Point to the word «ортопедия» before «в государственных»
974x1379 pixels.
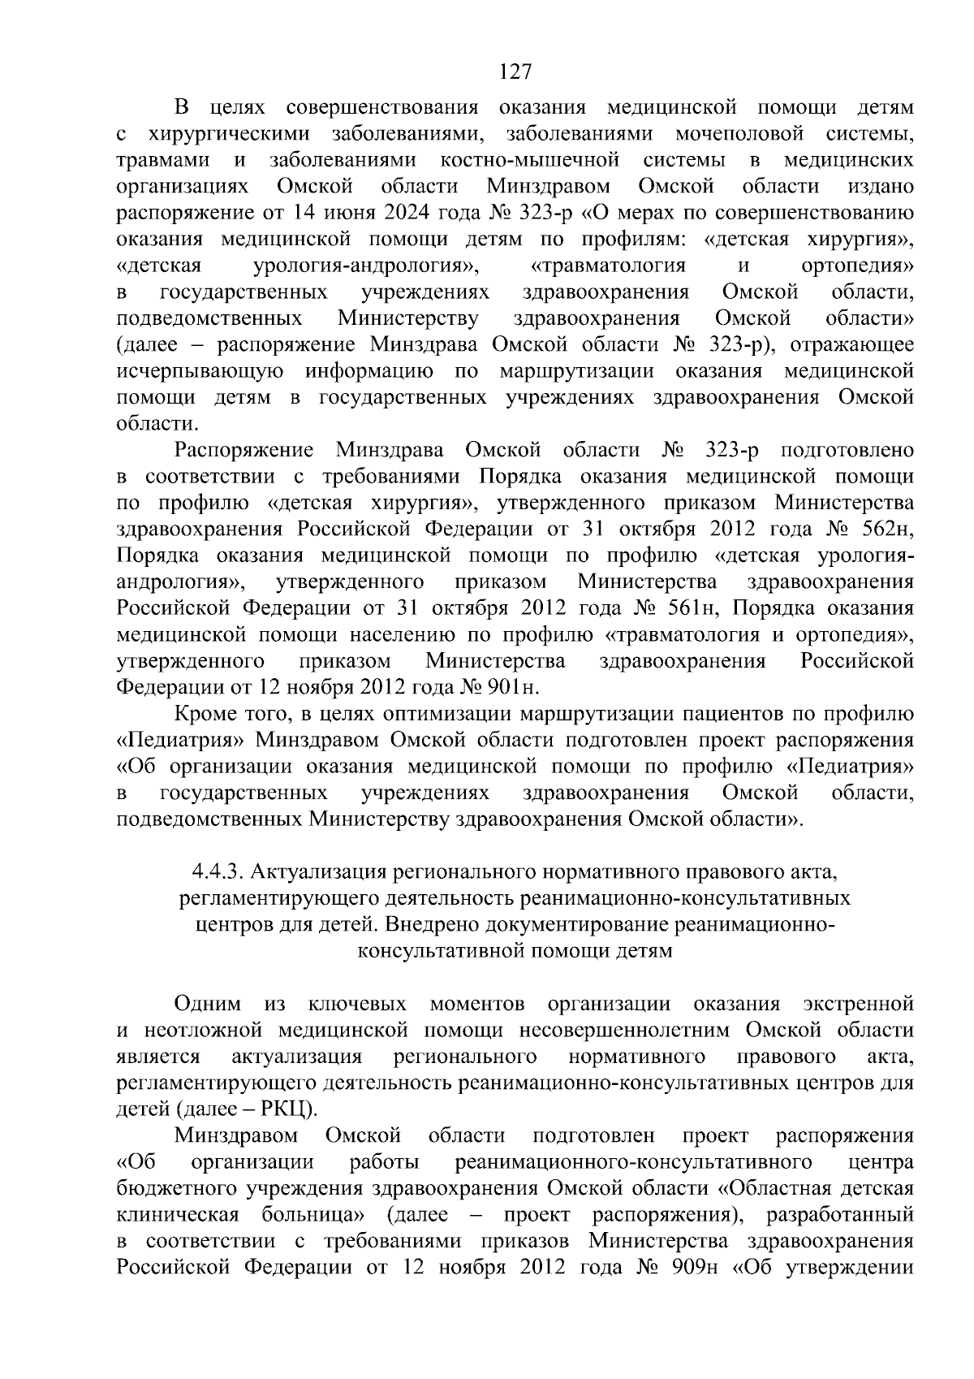click(857, 266)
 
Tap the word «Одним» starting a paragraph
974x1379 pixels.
click(207, 1004)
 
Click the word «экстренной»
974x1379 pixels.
click(858, 1004)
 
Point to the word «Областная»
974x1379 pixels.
click(777, 1188)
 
